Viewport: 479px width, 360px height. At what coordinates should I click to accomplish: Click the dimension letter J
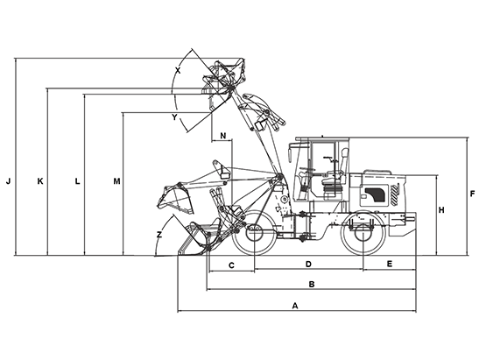[x=8, y=181]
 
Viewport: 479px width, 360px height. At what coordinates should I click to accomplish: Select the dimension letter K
[x=40, y=181]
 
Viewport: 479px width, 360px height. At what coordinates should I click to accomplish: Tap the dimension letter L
[x=78, y=181]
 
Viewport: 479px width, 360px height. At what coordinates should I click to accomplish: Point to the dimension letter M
[x=116, y=181]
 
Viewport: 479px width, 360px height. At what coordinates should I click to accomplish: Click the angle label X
[x=178, y=71]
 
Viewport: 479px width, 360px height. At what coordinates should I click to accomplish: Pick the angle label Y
[x=174, y=117]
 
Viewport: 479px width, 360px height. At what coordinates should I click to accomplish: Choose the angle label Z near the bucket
[x=159, y=235]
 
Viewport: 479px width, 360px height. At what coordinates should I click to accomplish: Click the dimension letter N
[x=223, y=136]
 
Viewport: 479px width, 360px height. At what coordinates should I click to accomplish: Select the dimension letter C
[x=231, y=265]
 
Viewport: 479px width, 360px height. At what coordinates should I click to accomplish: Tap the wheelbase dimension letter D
[x=308, y=264]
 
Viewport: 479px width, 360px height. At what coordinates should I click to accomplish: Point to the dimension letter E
[x=390, y=264]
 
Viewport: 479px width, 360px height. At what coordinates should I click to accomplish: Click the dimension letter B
[x=312, y=284]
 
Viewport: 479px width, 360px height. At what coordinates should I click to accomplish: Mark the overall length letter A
[x=295, y=306]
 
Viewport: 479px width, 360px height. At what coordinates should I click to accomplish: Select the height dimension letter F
[x=472, y=194]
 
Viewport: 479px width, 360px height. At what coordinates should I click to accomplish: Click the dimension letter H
[x=441, y=210]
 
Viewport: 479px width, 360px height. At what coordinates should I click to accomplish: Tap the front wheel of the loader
[x=255, y=233]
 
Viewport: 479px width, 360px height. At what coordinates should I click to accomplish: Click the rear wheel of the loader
[x=363, y=233]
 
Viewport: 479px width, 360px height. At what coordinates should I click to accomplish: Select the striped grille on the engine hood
[x=394, y=194]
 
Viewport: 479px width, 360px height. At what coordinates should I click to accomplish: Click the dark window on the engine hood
[x=375, y=194]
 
